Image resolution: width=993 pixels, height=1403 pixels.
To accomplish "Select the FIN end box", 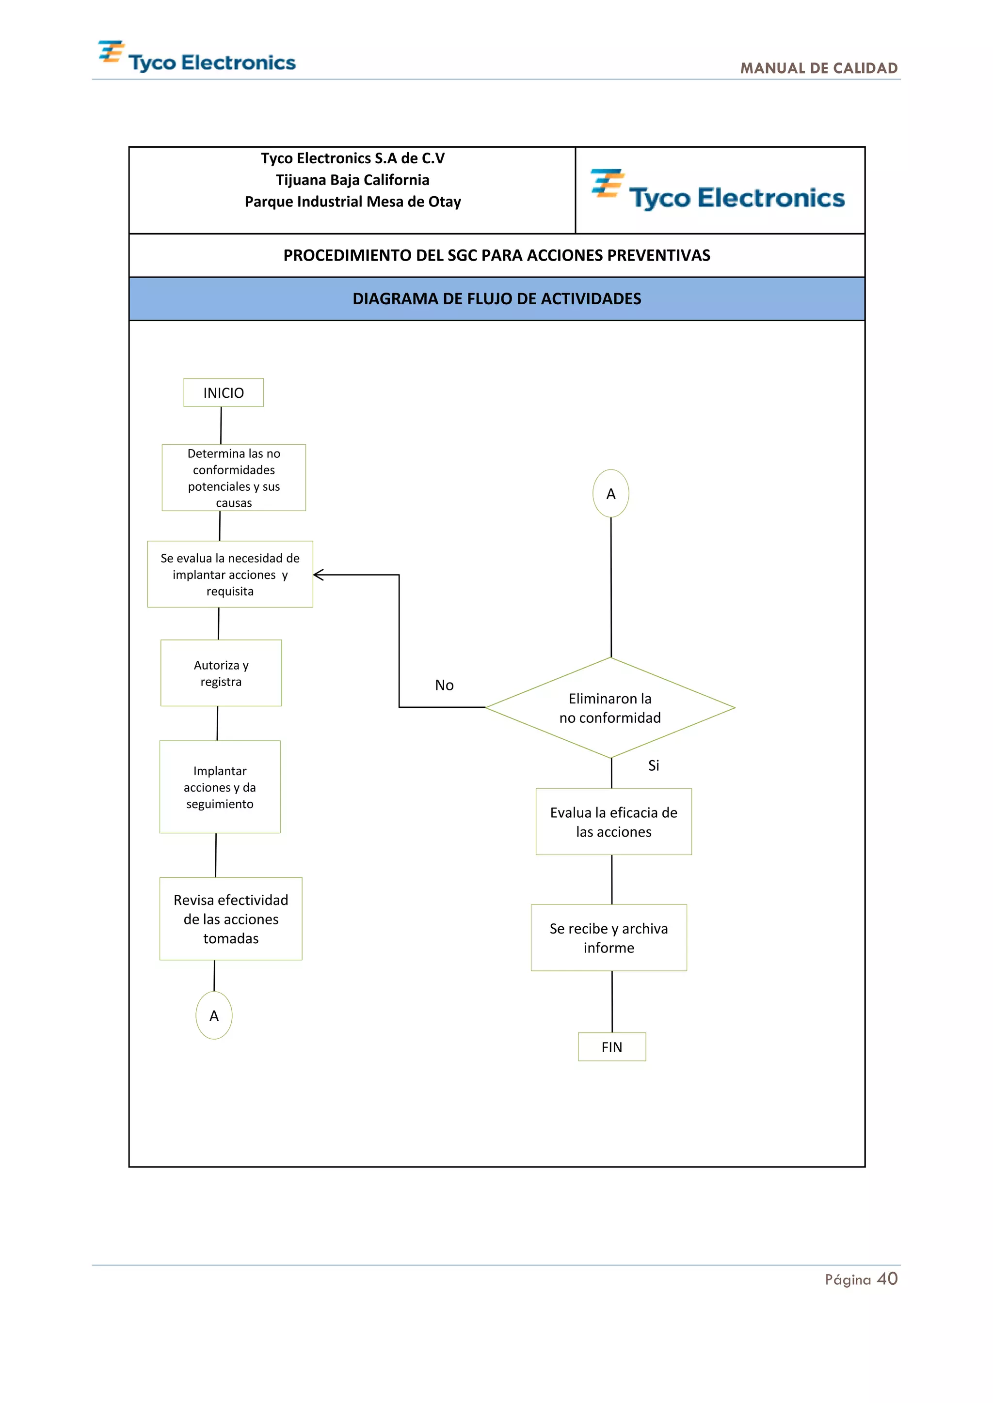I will [x=611, y=1047].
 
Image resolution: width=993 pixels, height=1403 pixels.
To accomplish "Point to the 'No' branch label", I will [x=444, y=685].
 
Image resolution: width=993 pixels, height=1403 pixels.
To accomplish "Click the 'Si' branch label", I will [x=653, y=765].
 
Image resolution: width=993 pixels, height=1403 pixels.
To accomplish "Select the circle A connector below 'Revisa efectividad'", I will [x=213, y=1015].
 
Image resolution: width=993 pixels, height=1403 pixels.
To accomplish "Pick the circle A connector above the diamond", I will [x=610, y=494].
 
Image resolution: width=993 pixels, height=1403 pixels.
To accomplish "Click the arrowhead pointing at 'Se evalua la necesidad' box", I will [x=319, y=575].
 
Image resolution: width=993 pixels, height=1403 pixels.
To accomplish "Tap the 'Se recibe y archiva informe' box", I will [x=609, y=937].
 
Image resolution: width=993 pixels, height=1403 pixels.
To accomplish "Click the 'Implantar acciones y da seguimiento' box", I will [x=220, y=787].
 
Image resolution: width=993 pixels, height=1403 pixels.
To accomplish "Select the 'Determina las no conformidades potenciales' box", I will [x=234, y=478].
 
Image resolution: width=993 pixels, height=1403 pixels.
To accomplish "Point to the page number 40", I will [x=887, y=1279].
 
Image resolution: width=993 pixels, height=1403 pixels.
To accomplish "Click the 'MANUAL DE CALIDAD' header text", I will [x=819, y=68].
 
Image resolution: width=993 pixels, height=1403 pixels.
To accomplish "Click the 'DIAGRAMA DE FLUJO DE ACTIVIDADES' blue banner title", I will [x=496, y=299].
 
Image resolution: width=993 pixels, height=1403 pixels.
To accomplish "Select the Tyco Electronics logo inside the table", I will [x=719, y=191].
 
